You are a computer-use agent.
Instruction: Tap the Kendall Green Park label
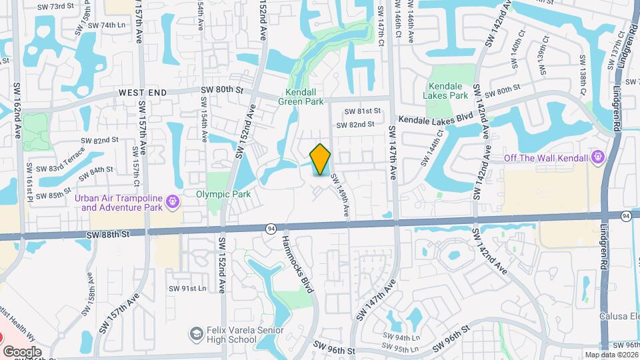pos(304,97)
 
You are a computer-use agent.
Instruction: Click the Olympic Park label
pos(223,195)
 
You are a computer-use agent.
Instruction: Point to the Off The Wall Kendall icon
pos(597,157)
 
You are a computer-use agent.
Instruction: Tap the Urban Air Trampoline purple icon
pos(173,201)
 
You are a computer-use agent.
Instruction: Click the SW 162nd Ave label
pos(17,111)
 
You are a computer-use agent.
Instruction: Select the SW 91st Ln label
pos(187,289)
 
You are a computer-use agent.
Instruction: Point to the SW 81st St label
pos(362,111)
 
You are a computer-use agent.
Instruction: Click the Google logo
pos(22,351)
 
